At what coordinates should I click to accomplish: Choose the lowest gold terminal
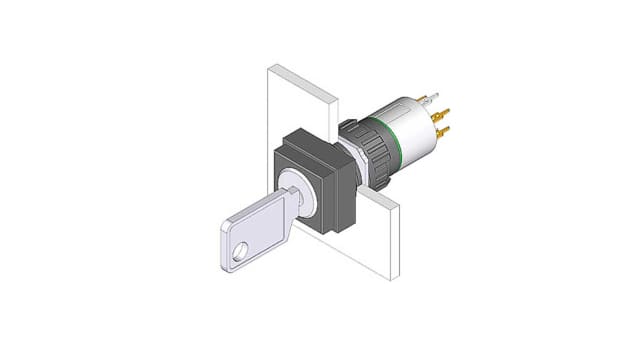[442, 131]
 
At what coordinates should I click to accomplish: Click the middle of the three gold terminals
[441, 114]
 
